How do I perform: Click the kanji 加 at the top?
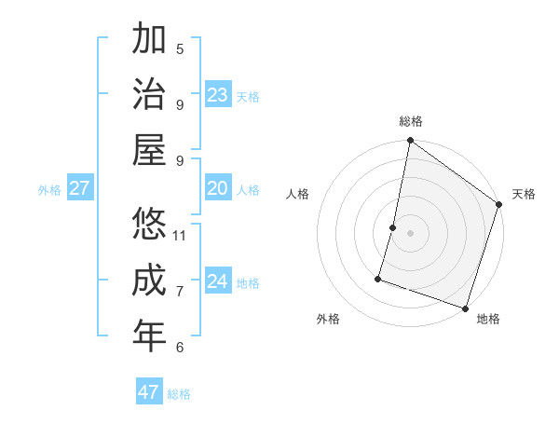coord(149,39)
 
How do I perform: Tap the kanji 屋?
coord(149,151)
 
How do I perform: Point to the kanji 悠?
coord(149,225)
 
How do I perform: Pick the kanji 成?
coord(149,281)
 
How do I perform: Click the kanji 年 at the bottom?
coord(149,336)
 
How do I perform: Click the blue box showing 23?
coord(218,95)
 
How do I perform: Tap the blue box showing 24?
coord(218,281)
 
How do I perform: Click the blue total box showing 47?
coord(149,392)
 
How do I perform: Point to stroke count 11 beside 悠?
coord(180,235)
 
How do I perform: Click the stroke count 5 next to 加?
coord(180,48)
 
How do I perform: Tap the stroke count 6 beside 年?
coord(180,348)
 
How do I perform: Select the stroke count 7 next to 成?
coord(180,292)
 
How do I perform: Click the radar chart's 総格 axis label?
coord(411,122)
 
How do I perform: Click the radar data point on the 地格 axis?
coord(465,308)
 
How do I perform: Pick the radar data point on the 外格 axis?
coord(378,278)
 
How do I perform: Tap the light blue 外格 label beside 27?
coord(49,190)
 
